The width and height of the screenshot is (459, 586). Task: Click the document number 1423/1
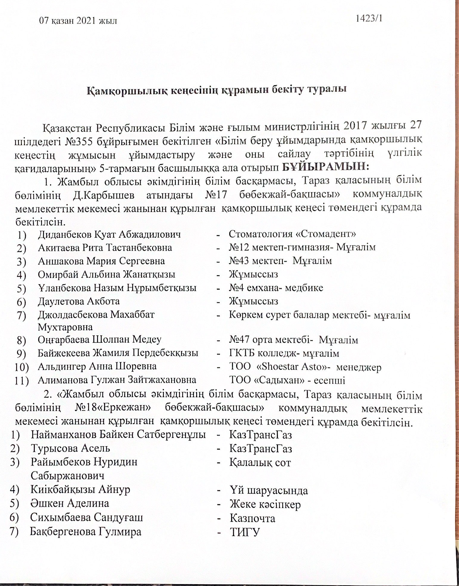369,19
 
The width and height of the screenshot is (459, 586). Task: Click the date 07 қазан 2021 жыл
78,21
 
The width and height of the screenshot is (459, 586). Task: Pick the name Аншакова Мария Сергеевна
101,261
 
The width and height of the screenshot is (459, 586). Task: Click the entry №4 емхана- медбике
276,288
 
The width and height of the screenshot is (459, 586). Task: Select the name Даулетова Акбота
79,301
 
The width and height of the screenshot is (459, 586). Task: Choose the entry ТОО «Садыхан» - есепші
287,380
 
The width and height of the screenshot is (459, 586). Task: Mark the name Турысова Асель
70,448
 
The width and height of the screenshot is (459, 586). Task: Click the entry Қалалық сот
260,463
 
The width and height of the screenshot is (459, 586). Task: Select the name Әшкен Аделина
69,503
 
